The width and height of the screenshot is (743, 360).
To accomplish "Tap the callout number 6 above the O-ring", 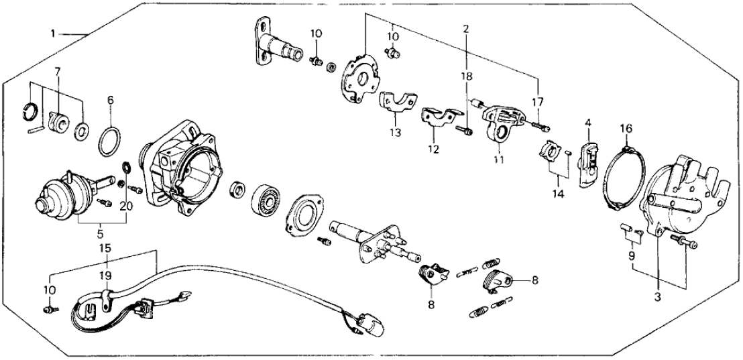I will [111, 100].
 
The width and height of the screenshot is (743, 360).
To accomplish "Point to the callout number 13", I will [396, 133].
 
